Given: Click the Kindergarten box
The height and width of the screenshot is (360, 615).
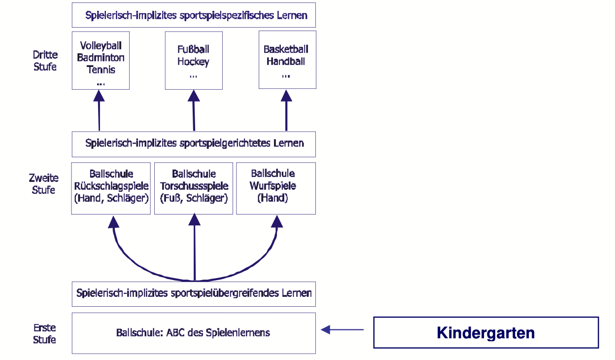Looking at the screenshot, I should tap(485, 332).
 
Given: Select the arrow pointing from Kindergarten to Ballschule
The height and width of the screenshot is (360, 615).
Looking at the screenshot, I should tap(342, 329).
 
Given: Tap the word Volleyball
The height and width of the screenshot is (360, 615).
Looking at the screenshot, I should tap(101, 46).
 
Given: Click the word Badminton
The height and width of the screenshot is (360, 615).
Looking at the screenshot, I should tap(101, 58).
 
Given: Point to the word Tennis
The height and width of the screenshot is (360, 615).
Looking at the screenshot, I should tap(101, 70).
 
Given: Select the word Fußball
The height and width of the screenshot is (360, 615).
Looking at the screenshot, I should tap(193, 49).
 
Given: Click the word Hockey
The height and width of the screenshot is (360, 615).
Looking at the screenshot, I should tap(193, 62).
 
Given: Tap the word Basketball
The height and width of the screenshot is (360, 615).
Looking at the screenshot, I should tap(286, 49).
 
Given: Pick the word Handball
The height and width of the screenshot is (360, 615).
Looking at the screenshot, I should tap(286, 62).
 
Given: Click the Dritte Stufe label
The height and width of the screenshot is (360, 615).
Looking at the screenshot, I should tap(45, 61).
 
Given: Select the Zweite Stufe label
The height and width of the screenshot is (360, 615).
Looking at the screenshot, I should tap(44, 184).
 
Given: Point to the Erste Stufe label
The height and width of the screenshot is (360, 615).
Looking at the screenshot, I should tap(45, 333).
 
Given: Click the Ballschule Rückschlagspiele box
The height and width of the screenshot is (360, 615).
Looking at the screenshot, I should tap(111, 188).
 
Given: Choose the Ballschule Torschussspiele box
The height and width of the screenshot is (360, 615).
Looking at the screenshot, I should tap(194, 188).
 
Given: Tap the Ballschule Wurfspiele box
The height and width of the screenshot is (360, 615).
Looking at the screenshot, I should tap(276, 188).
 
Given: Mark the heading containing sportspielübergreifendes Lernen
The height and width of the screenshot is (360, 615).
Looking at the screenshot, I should tap(194, 293).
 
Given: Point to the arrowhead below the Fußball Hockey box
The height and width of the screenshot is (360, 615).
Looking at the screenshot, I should tap(193, 96).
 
